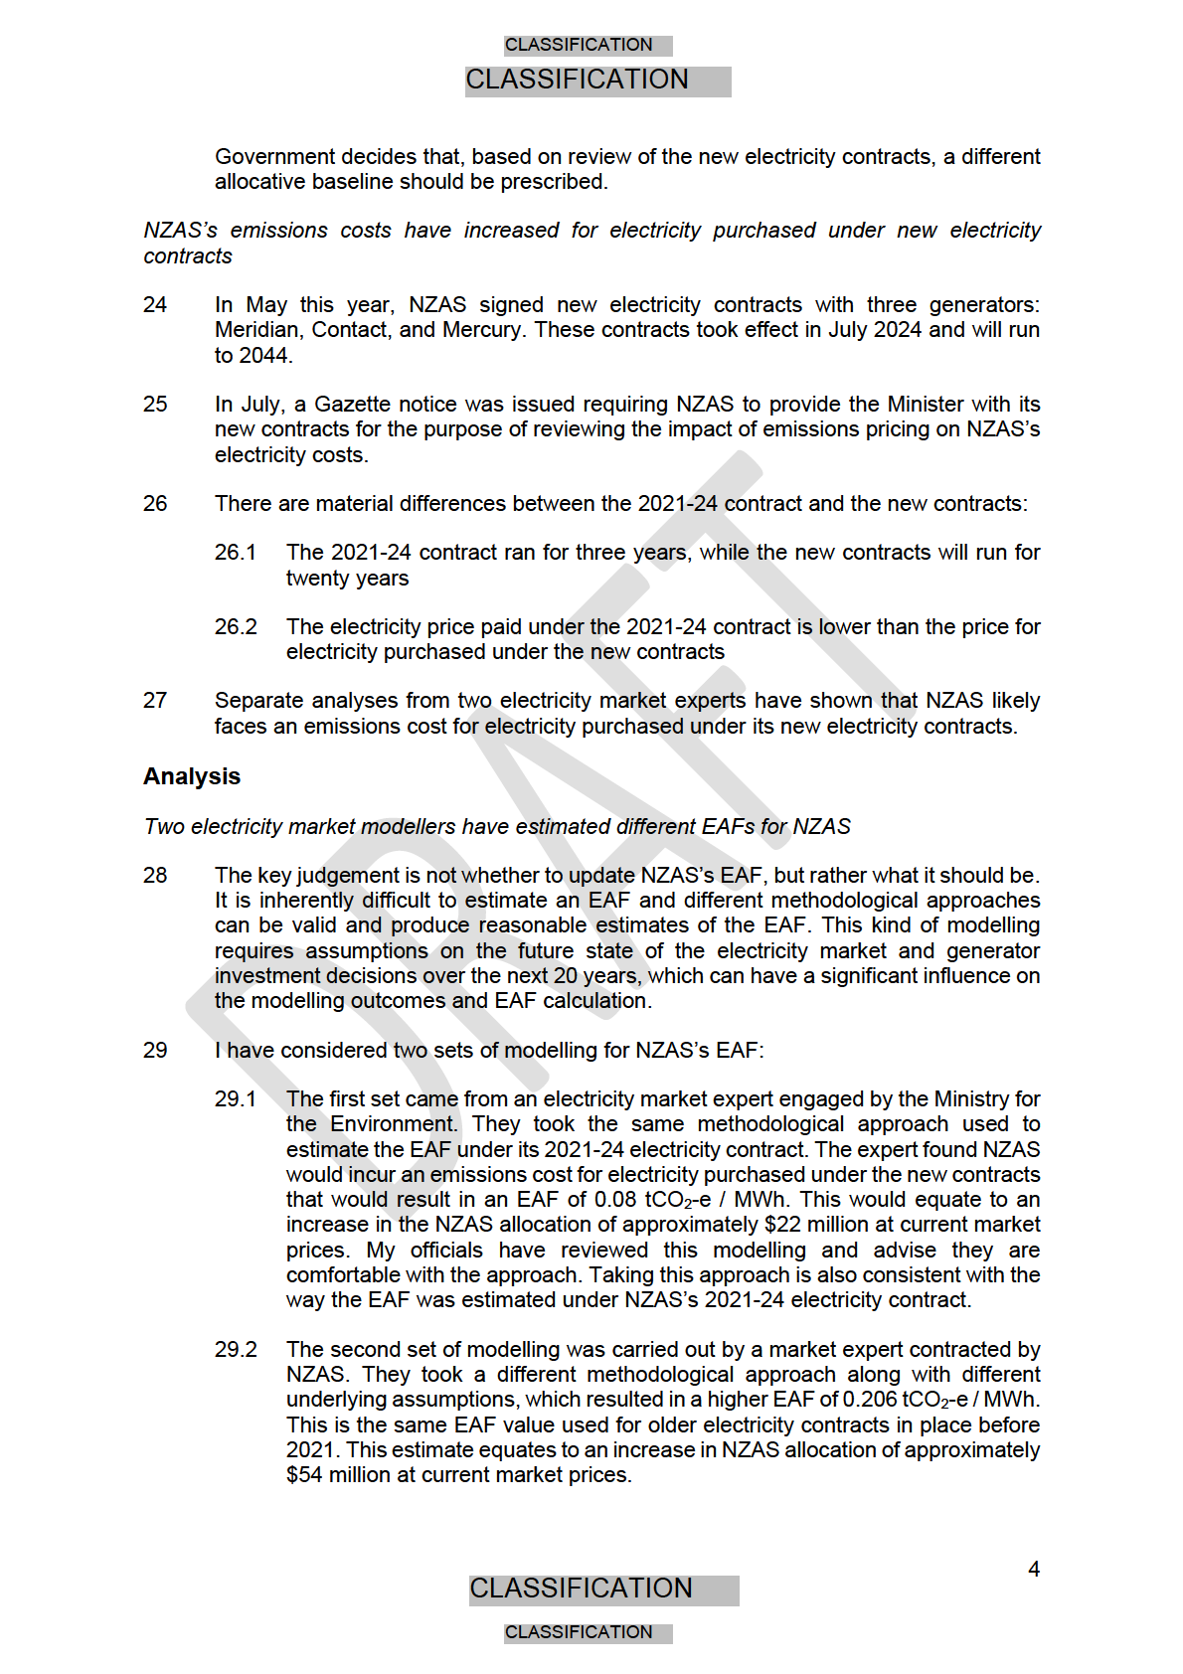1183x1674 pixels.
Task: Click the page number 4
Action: click(x=1034, y=1569)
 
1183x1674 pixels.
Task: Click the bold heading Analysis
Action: click(x=192, y=776)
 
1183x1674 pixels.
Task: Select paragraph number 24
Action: click(x=155, y=304)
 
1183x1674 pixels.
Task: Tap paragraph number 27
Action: click(x=155, y=700)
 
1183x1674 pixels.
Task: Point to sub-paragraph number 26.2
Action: click(x=236, y=626)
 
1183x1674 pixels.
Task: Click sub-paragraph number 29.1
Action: click(x=236, y=1098)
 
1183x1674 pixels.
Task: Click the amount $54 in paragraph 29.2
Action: click(x=304, y=1475)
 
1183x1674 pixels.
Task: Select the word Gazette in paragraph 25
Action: click(x=353, y=405)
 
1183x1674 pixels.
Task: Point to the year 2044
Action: click(x=265, y=356)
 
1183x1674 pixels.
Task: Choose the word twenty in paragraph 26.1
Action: click(x=315, y=579)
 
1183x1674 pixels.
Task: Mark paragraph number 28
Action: click(x=155, y=875)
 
